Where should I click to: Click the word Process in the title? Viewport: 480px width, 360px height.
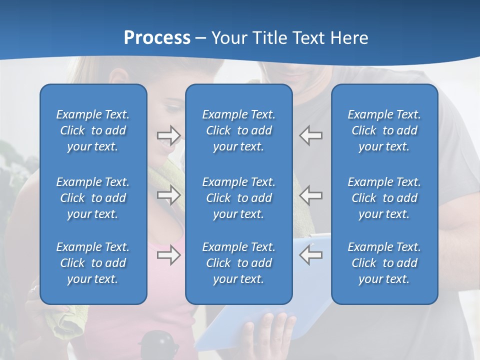pos(157,38)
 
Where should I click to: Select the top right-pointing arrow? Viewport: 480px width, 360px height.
pos(169,135)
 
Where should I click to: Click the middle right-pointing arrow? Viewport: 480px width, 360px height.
pos(169,195)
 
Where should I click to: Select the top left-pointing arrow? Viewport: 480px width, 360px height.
pos(310,135)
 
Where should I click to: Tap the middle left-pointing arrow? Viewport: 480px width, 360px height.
pos(310,195)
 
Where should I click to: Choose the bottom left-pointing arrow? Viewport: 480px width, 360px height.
pos(310,255)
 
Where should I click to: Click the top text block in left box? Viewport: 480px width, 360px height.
pos(93,130)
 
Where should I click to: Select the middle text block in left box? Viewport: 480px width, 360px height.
pos(93,198)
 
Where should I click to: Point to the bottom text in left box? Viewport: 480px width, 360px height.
pos(93,263)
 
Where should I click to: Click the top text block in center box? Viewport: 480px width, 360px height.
pos(238,130)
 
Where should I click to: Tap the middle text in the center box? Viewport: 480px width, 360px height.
pos(238,198)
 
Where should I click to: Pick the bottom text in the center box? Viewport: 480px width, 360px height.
pos(238,263)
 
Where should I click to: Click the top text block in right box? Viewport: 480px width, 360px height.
pos(384,130)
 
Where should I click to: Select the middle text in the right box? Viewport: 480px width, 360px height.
pos(384,198)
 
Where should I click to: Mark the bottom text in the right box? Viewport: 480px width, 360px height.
pos(384,263)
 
